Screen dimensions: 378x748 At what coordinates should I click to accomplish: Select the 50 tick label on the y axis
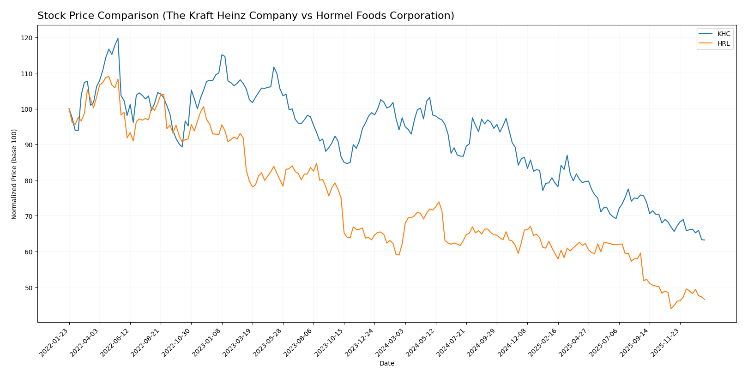[x=29, y=288]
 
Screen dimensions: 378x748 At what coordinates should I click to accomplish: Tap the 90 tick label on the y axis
[x=29, y=145]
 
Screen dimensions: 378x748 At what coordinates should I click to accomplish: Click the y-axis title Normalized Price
[x=14, y=174]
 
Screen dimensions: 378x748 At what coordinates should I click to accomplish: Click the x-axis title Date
[x=386, y=364]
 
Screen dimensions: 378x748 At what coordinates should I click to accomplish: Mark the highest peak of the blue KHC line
[x=118, y=38]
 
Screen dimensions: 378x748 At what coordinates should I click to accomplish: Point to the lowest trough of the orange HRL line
[x=671, y=308]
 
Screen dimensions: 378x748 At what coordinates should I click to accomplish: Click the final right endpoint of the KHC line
[x=705, y=240]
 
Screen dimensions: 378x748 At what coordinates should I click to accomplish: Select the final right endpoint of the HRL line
[x=705, y=300]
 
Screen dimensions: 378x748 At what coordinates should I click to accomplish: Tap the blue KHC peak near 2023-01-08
[x=222, y=55]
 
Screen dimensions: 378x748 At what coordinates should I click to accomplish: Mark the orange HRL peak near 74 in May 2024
[x=439, y=202]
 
